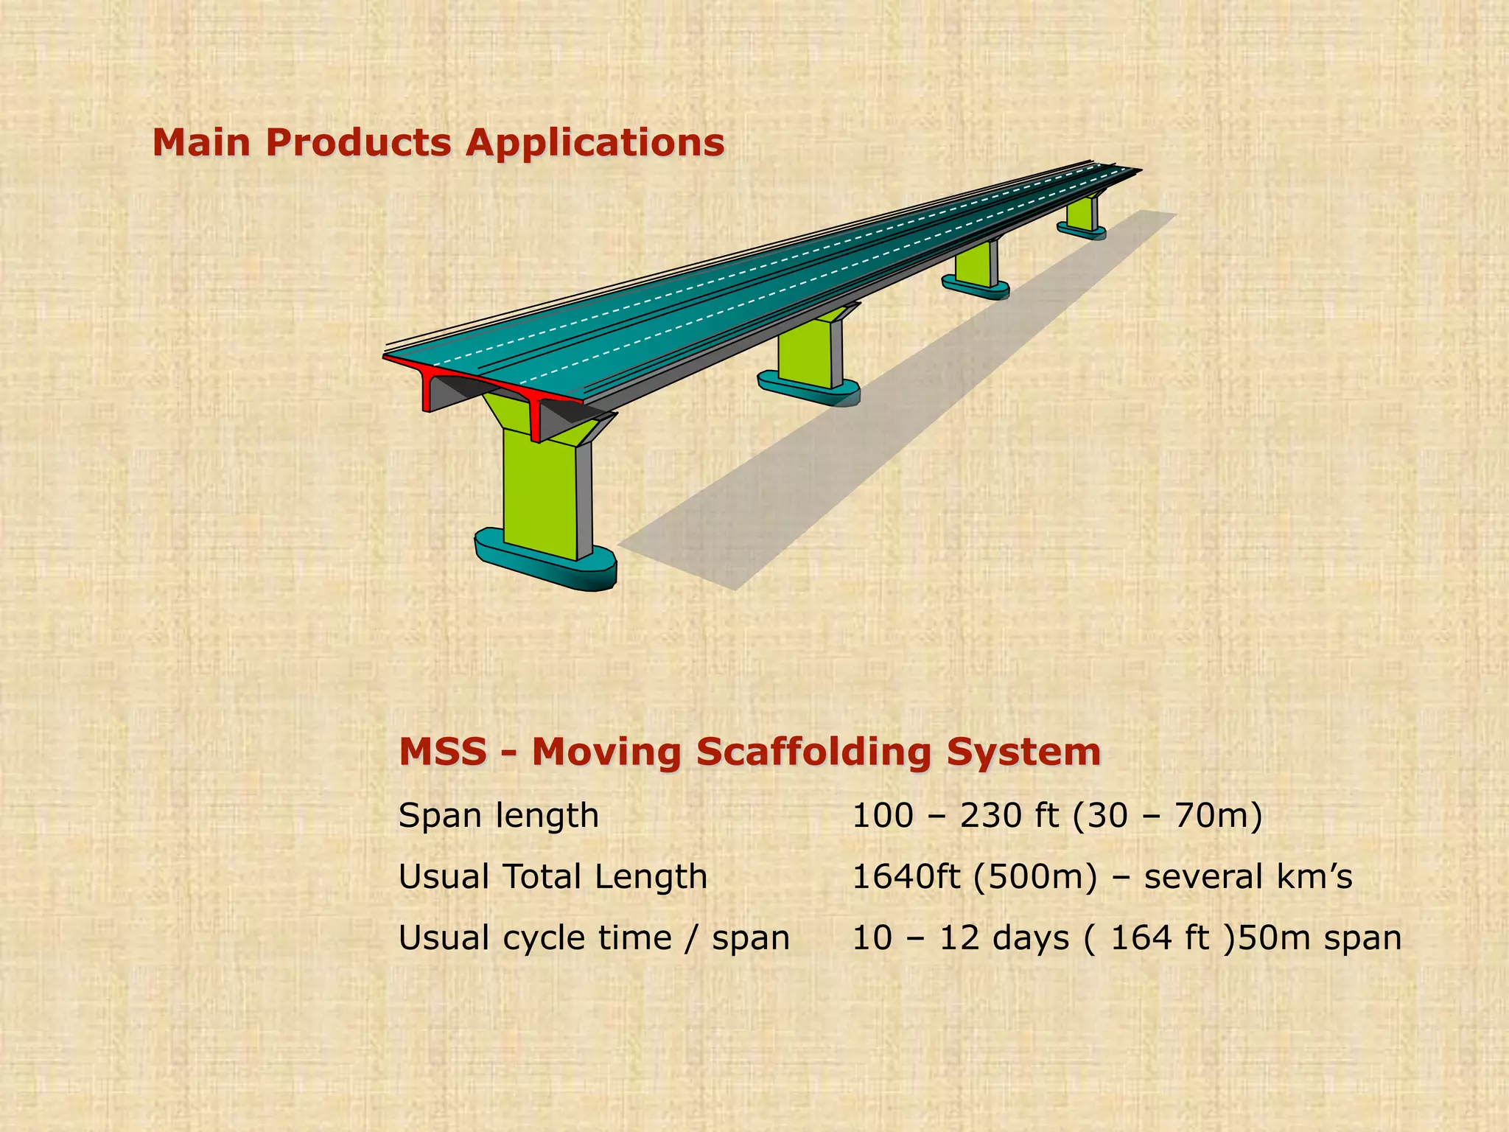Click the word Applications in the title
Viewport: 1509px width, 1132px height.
(x=595, y=142)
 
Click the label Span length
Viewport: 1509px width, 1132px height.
(x=498, y=816)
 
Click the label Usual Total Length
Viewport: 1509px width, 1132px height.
(x=553, y=877)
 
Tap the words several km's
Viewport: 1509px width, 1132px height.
(x=1248, y=877)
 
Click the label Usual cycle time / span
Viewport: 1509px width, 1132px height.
(x=594, y=938)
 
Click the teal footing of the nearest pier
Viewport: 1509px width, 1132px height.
(x=545, y=564)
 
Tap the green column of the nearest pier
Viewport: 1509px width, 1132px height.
(x=539, y=494)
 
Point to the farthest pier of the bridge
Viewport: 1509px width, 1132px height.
(x=1080, y=214)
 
